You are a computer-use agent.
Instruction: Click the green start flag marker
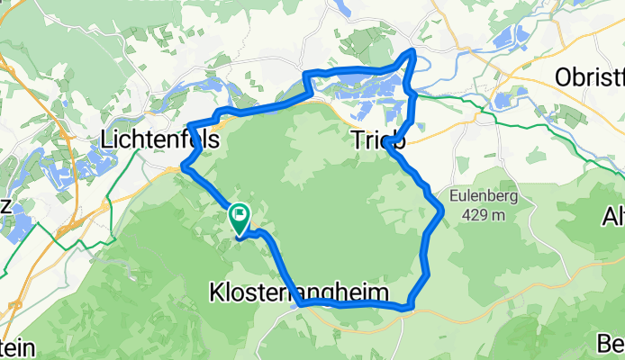[x=240, y=215]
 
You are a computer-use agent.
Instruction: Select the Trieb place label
[x=376, y=141]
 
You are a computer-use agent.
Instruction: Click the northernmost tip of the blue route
[x=413, y=50]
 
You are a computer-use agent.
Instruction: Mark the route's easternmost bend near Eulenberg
[x=442, y=212]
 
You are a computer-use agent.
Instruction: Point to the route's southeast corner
[x=410, y=307]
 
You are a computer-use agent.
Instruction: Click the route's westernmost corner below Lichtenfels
[x=184, y=166]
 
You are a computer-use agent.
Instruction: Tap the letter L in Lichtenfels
[x=107, y=141]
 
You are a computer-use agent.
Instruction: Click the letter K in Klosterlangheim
[x=216, y=293]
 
